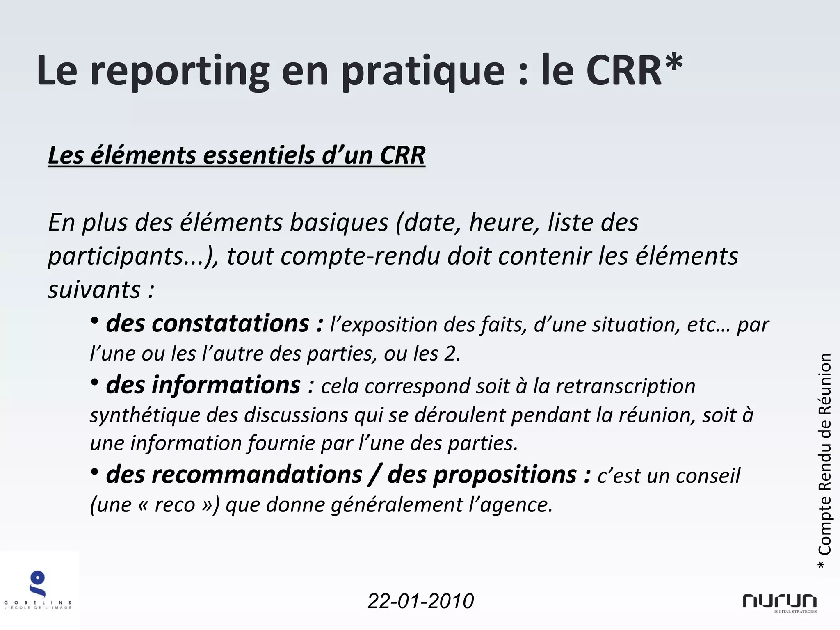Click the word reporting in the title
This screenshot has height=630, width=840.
[180, 72]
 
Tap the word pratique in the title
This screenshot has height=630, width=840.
[423, 72]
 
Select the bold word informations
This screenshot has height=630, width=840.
[203, 386]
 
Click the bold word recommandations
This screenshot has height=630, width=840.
[234, 475]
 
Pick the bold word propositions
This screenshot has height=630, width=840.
[482, 475]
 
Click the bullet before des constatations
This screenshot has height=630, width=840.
[95, 322]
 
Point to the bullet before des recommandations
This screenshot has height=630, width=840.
[95, 472]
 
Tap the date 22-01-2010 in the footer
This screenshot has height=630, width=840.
[420, 601]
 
